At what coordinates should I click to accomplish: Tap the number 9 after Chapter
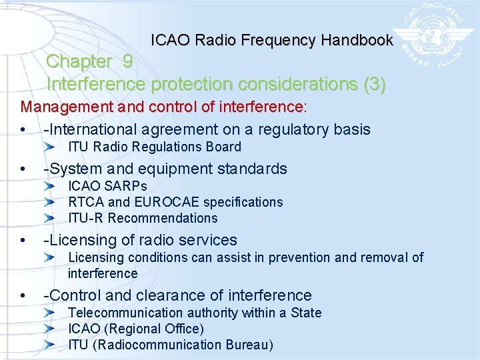[x=127, y=61]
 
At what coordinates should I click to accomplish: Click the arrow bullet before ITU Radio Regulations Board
[x=57, y=147]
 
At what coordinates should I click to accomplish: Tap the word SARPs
[x=127, y=186]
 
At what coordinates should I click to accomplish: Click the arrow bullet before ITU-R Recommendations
[x=57, y=218]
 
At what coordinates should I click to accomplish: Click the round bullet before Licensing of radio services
[x=24, y=240]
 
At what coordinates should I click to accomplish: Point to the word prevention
[x=300, y=257]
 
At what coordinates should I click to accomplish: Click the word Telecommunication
[x=124, y=313]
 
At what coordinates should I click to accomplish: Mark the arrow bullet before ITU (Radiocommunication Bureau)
[x=57, y=345]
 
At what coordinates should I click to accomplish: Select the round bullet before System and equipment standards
[x=24, y=169]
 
